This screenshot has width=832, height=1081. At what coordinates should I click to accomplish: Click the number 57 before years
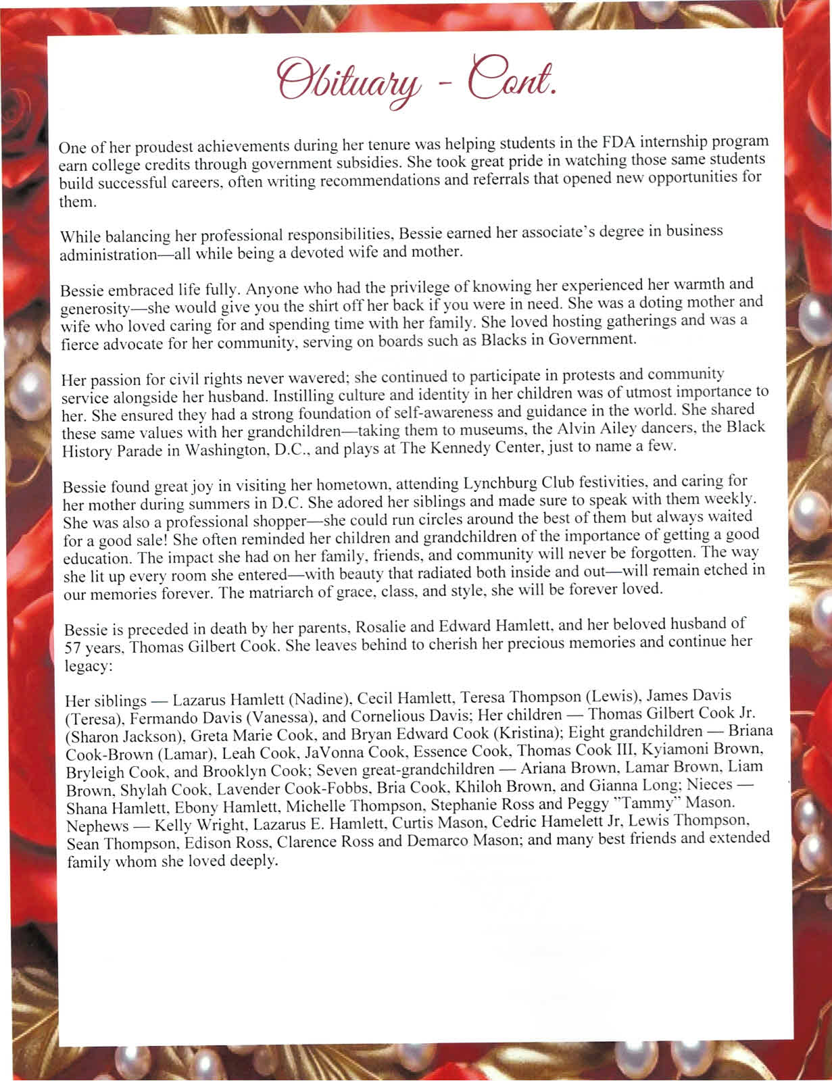(x=72, y=649)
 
